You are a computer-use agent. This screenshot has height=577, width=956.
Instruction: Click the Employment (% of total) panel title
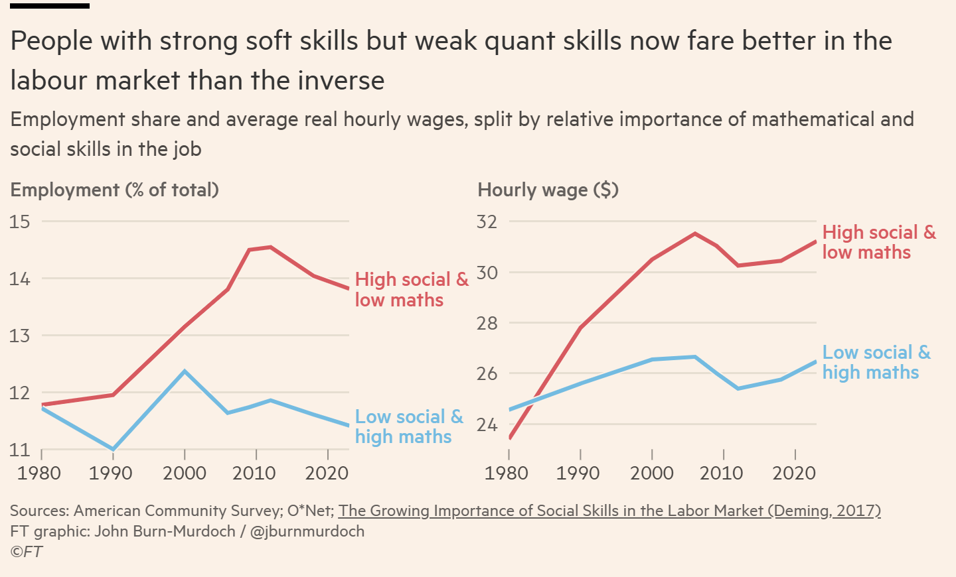(x=114, y=190)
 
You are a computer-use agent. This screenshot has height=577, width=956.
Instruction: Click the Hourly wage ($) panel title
(x=548, y=190)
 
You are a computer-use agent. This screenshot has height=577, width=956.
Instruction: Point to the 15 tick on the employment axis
(x=21, y=222)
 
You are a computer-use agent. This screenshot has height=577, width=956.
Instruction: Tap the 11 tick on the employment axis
(x=21, y=450)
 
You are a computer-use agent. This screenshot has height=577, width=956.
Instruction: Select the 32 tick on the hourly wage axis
(x=487, y=222)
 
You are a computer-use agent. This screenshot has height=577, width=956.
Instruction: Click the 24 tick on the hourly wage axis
(x=487, y=424)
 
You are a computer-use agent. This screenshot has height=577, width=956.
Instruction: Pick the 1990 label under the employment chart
(x=110, y=473)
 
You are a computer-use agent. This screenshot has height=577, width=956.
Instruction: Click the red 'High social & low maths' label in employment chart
(x=412, y=290)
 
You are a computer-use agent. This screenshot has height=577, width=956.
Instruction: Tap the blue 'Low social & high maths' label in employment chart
(x=409, y=426)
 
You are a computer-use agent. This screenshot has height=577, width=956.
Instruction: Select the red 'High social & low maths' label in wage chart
(x=878, y=242)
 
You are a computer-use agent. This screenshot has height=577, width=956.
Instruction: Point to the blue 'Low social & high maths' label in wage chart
(x=876, y=362)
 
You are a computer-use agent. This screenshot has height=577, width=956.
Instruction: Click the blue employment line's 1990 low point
(x=114, y=450)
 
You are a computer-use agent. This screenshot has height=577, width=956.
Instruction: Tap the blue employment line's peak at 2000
(x=185, y=371)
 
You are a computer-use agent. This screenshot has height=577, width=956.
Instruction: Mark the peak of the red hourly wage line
(x=695, y=233)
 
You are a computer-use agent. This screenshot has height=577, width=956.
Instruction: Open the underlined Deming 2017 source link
(x=609, y=511)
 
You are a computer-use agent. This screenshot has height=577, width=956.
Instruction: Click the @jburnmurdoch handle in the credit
(x=307, y=531)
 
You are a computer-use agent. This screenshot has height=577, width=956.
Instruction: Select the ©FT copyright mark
(x=27, y=552)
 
